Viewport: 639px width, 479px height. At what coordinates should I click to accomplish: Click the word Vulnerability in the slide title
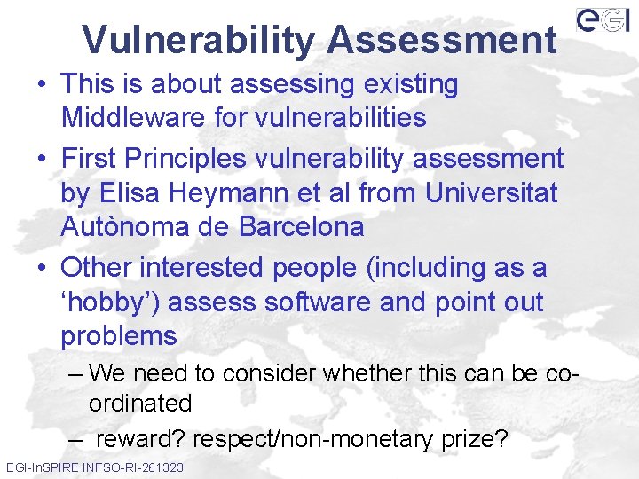click(x=197, y=40)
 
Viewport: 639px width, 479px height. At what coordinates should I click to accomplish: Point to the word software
click(x=307, y=302)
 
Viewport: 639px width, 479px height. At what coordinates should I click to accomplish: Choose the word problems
click(x=119, y=337)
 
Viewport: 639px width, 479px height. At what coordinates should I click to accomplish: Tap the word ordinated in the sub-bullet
click(x=140, y=404)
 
